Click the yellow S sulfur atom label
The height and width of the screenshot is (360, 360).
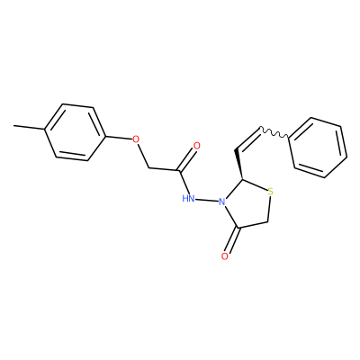(x=270, y=192)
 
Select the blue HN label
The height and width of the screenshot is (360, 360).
(x=188, y=198)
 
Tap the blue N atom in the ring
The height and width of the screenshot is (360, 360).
(x=222, y=202)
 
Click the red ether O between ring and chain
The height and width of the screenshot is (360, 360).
(x=136, y=139)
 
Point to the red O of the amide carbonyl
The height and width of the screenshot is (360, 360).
(x=197, y=146)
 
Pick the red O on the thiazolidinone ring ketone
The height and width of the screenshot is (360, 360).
(x=225, y=256)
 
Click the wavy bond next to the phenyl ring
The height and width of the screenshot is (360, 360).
(x=274, y=133)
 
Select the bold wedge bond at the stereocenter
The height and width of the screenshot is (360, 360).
(x=239, y=164)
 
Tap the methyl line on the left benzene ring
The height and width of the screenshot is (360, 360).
(x=29, y=128)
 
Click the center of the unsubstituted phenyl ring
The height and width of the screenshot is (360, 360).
(x=318, y=148)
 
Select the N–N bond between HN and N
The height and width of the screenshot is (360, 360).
(x=207, y=200)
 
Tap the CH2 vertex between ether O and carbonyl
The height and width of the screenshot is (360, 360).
(x=148, y=167)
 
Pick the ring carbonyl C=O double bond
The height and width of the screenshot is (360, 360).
(x=232, y=240)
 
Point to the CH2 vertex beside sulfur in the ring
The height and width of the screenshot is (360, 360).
(x=268, y=222)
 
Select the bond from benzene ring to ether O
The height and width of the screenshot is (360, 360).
(x=120, y=137)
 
